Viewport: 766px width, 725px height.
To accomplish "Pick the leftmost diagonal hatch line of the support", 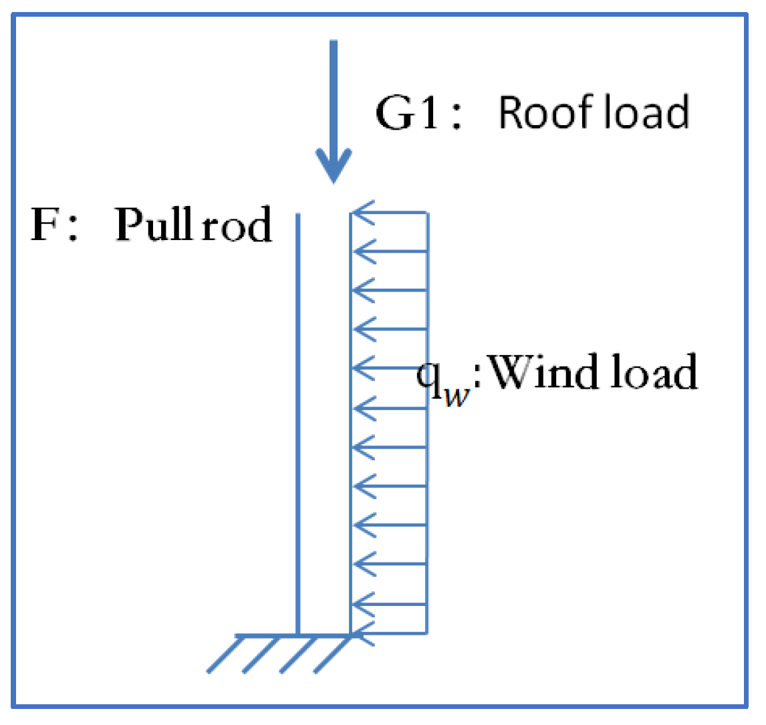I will click(223, 653).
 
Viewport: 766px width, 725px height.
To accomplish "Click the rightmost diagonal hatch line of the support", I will click(332, 653).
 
